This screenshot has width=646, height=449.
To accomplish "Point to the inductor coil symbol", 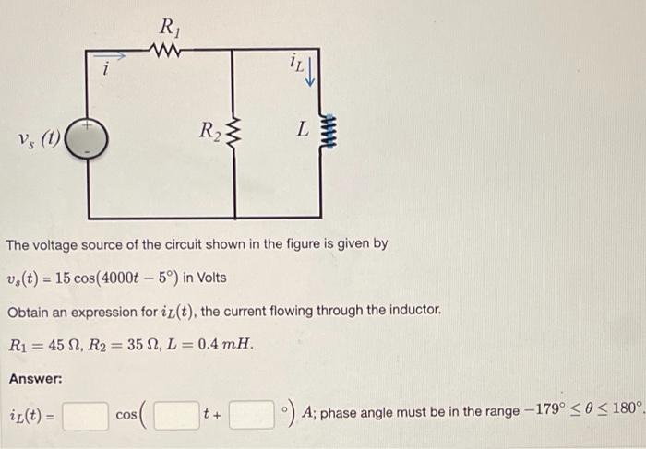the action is pyautogui.click(x=320, y=136).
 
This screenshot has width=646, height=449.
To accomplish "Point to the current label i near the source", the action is pyautogui.click(x=106, y=67).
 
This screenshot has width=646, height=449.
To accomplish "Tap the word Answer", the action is pyautogui.click(x=36, y=379).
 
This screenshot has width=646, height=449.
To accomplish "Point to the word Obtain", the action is pyautogui.click(x=30, y=312).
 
